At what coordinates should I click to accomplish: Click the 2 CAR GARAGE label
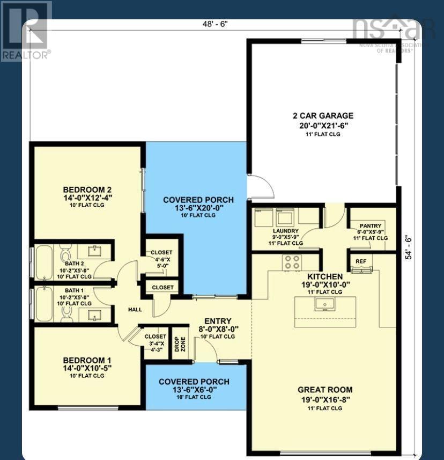(x=323, y=115)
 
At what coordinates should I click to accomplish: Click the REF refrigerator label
(x=361, y=261)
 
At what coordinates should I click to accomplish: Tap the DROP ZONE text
(x=179, y=344)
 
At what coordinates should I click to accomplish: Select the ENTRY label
(x=218, y=321)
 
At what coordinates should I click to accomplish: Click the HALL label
(x=135, y=310)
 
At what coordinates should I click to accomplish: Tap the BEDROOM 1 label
(x=87, y=360)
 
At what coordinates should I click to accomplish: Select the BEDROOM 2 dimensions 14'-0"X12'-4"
(x=87, y=197)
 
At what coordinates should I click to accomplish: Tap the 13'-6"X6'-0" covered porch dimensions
(x=194, y=390)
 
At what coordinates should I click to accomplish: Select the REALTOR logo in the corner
(x=26, y=31)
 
